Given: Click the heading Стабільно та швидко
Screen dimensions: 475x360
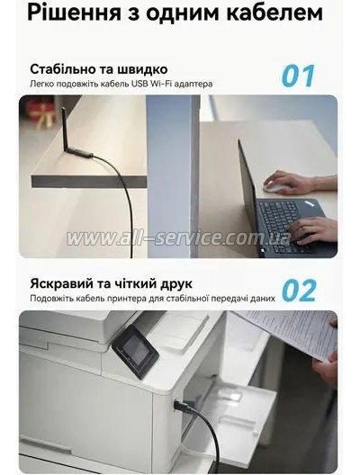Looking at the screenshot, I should click(98, 68).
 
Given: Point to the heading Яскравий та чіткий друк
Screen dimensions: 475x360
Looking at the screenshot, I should click(111, 283).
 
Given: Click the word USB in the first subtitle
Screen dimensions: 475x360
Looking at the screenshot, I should click(140, 85).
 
